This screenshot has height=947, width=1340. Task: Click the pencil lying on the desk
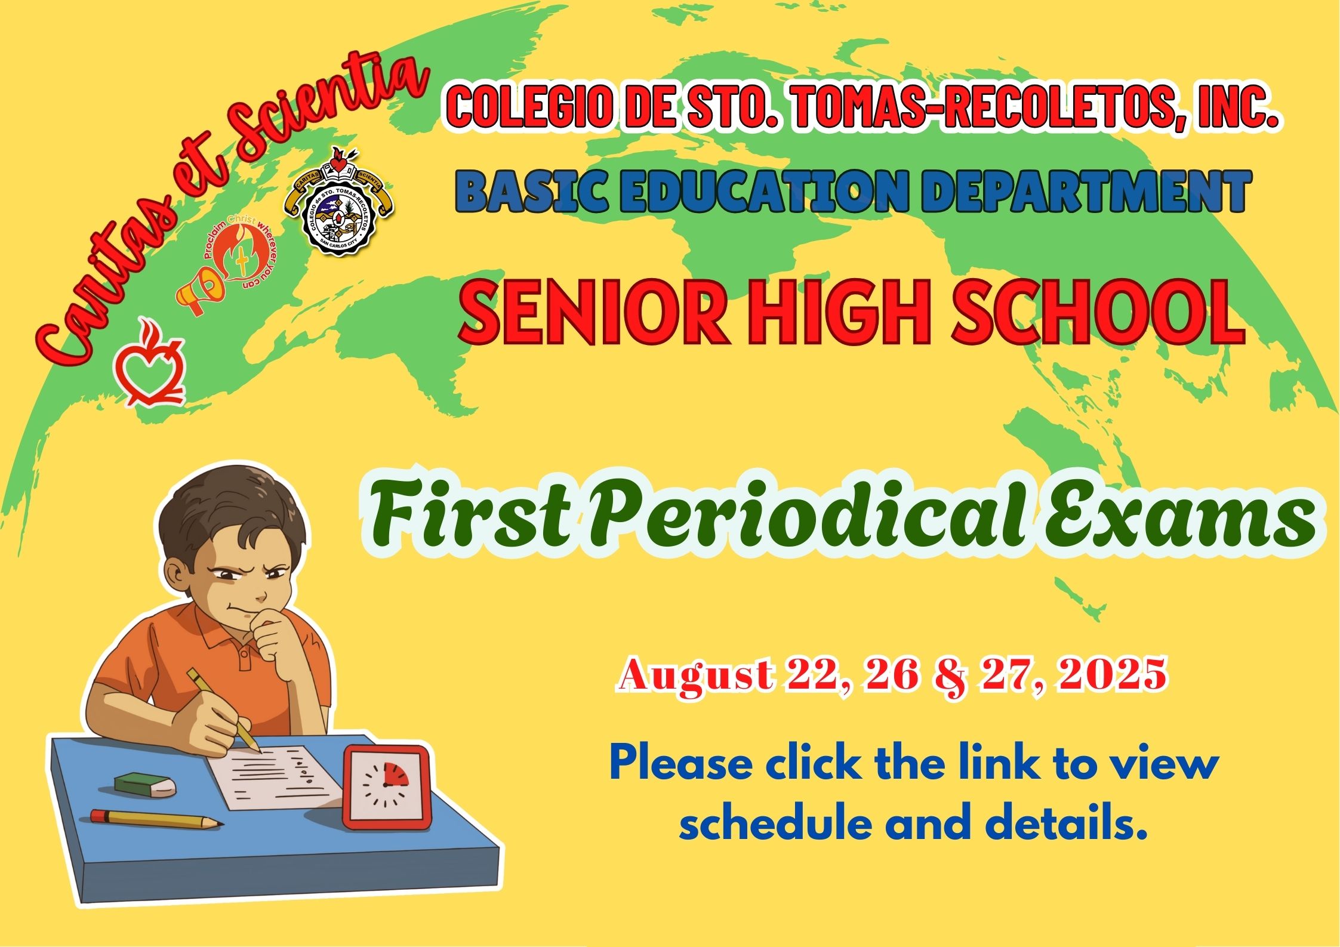point(157,819)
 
